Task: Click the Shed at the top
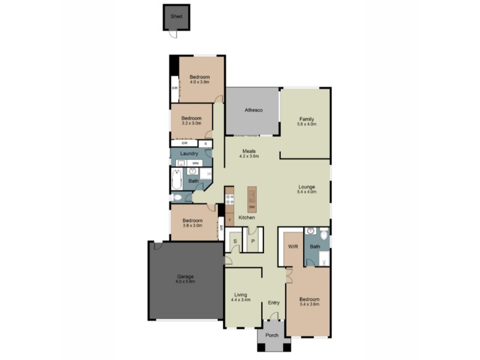pyautogui.click(x=176, y=17)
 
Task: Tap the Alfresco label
pyautogui.click(x=253, y=110)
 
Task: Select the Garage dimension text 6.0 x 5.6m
pyautogui.click(x=185, y=281)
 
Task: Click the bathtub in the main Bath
pyautogui.click(x=176, y=178)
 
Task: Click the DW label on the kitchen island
pyautogui.click(x=252, y=208)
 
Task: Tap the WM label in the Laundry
pyautogui.click(x=195, y=163)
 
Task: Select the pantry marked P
pyautogui.click(x=253, y=241)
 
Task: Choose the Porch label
pyautogui.click(x=272, y=335)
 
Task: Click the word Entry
pyautogui.click(x=274, y=302)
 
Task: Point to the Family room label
pyautogui.click(x=307, y=119)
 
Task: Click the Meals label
pyautogui.click(x=250, y=151)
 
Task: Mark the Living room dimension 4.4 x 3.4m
pyautogui.click(x=241, y=299)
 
